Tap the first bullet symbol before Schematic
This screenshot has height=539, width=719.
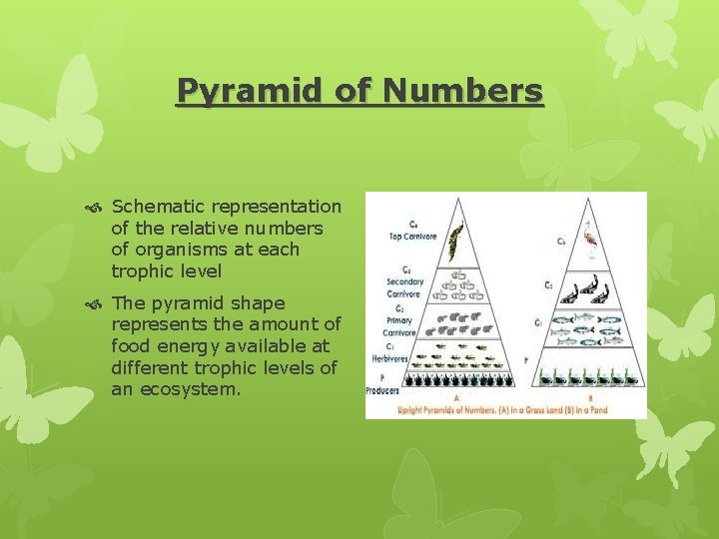pyautogui.click(x=95, y=207)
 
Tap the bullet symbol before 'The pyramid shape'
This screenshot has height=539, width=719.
pyautogui.click(x=95, y=303)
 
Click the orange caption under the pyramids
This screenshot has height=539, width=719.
pyautogui.click(x=505, y=407)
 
